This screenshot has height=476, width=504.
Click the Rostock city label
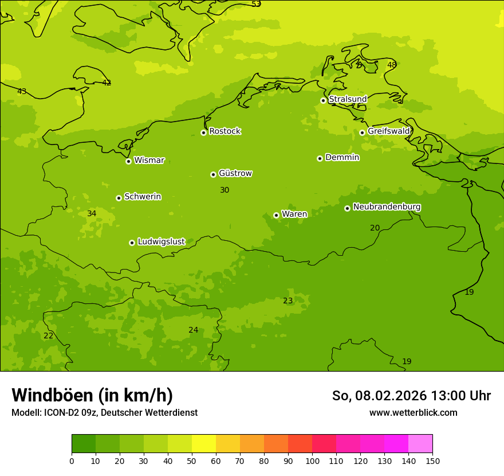click(225, 131)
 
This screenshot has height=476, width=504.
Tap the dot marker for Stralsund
click(323, 100)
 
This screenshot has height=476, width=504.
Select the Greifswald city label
click(388, 131)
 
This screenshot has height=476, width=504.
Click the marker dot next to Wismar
click(129, 161)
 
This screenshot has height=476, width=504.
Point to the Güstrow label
click(235, 173)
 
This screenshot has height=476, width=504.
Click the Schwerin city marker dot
click(119, 198)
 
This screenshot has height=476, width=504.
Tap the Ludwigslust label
click(161, 242)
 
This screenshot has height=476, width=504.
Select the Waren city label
click(294, 214)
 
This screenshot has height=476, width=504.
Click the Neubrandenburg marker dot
click(347, 208)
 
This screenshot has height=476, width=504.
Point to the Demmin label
click(342, 158)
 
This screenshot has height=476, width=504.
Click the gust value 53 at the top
click(256, 4)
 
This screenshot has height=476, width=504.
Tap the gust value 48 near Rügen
click(392, 65)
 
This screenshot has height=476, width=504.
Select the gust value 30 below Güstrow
click(225, 190)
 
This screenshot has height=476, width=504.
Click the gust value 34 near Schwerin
click(92, 214)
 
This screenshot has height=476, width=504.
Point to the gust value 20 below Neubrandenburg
click(375, 228)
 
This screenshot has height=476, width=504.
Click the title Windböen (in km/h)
click(92, 395)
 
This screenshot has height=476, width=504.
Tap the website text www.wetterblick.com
click(413, 413)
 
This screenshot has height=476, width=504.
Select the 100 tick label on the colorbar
click(312, 461)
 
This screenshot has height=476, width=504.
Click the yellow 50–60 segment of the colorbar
click(204, 444)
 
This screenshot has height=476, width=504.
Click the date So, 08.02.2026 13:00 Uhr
click(411, 396)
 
